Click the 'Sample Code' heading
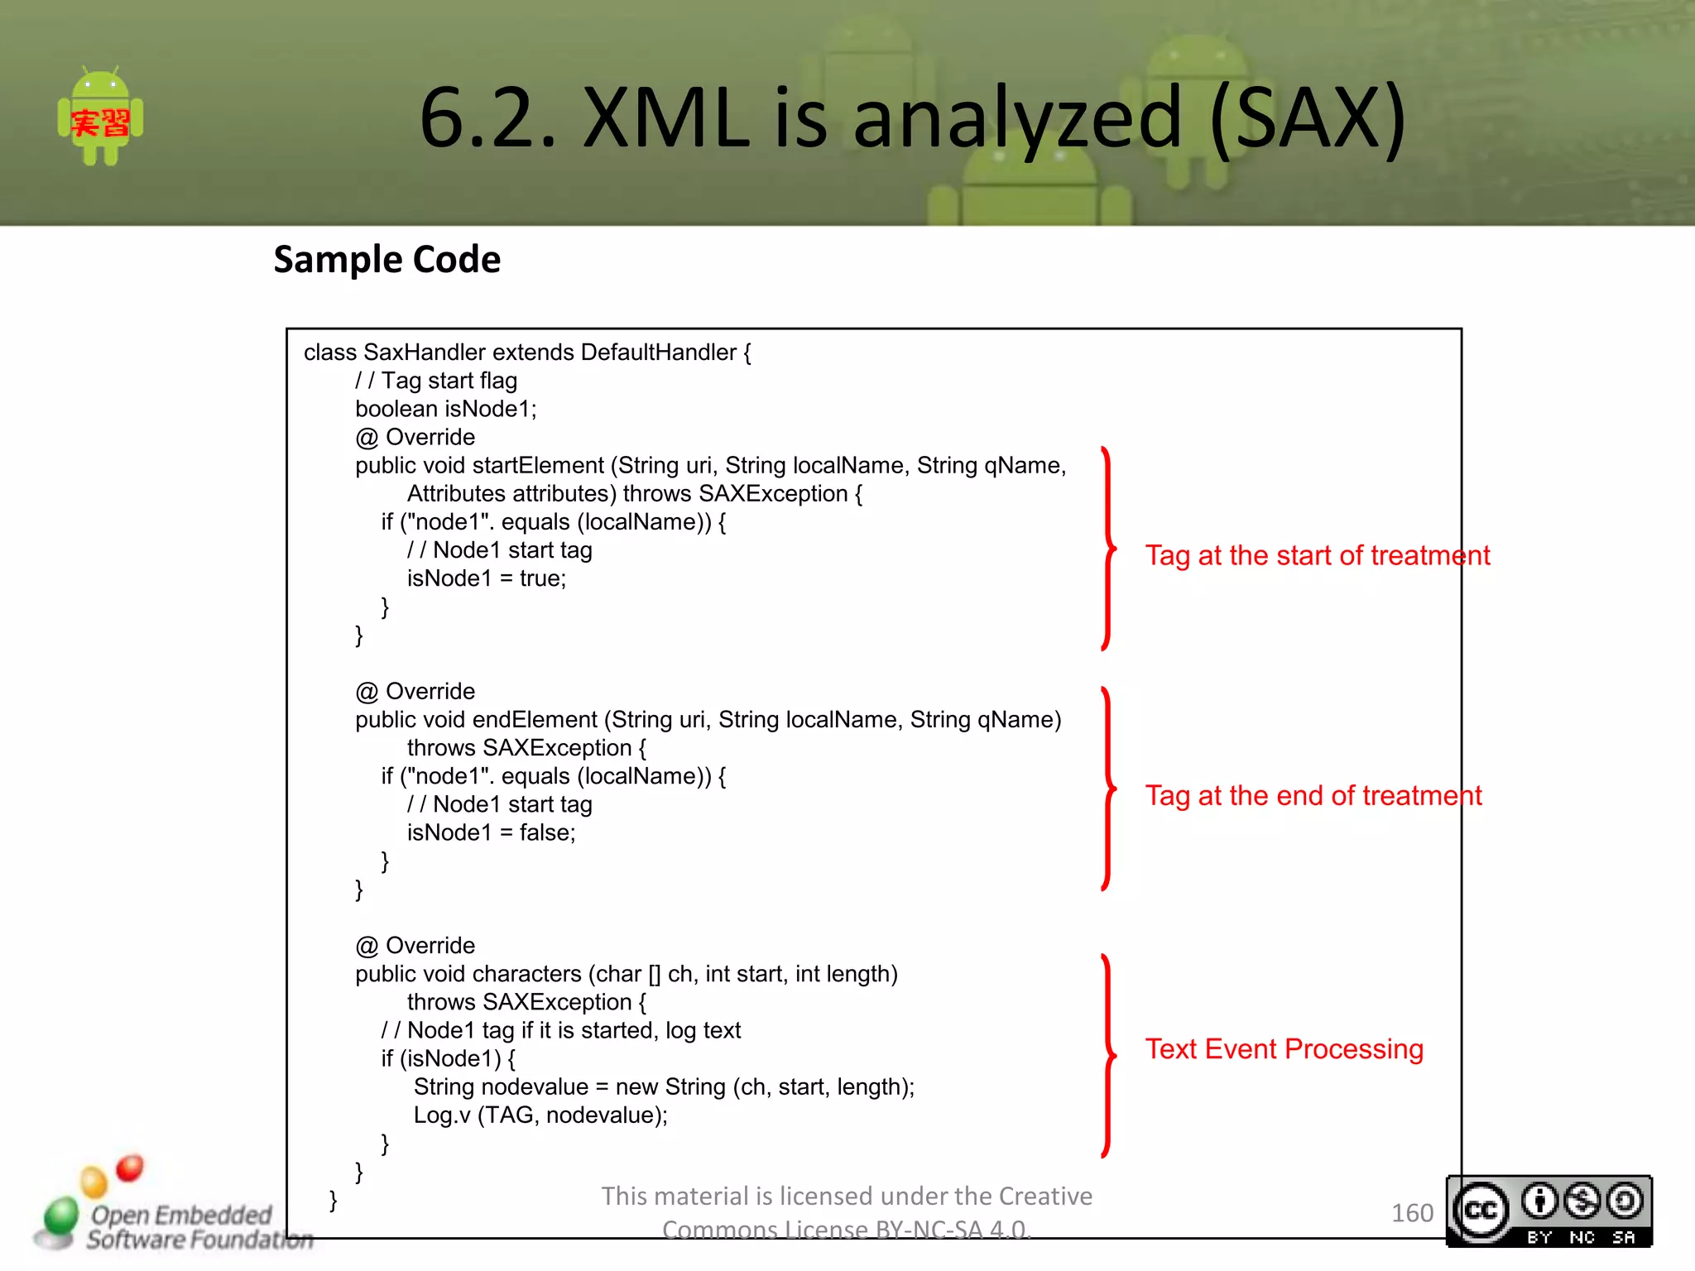click(387, 260)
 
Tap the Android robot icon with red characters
click(100, 117)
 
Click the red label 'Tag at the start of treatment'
click(1317, 555)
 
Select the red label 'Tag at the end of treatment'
click(1313, 795)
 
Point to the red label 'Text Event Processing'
click(1284, 1049)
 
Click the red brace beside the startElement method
click(1108, 549)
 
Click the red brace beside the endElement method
click(1108, 789)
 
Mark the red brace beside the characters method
click(1108, 1055)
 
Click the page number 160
click(1412, 1213)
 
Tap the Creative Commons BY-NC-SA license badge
click(1549, 1211)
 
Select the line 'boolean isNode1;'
click(446, 409)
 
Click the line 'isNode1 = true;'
click(487, 578)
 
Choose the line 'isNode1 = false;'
click(491, 832)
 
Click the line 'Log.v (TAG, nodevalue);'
click(540, 1115)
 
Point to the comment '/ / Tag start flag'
click(436, 381)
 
